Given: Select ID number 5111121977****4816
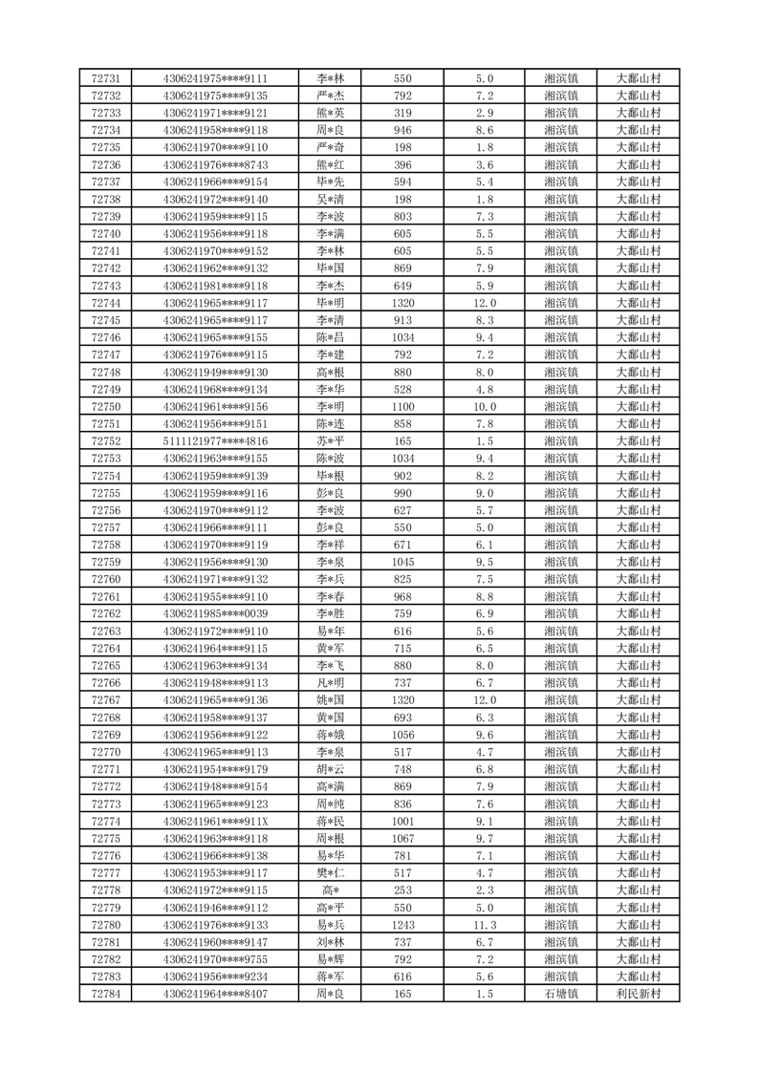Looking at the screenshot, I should (215, 441).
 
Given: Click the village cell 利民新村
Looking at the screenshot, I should (639, 995).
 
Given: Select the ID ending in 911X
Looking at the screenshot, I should (215, 822).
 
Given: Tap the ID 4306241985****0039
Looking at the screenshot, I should (215, 614).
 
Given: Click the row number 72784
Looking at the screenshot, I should (105, 995).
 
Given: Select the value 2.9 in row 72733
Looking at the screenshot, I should (484, 113).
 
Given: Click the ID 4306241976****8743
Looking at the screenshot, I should (215, 164).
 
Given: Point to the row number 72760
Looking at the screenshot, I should (105, 579).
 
